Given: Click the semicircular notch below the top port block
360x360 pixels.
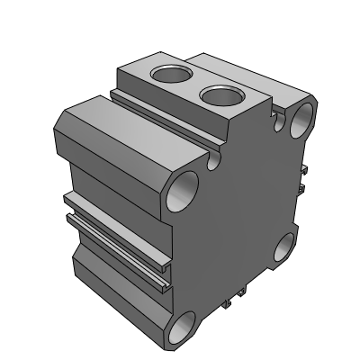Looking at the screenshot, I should point(215,162).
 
